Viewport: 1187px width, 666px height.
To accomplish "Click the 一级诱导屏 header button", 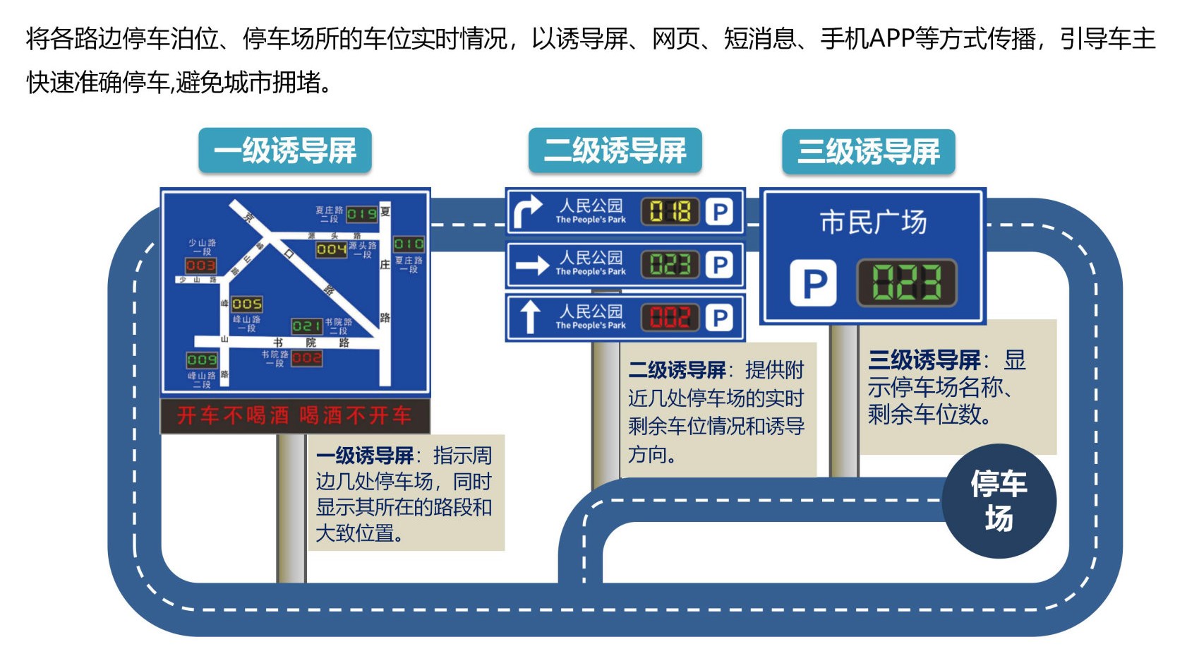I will click(284, 150).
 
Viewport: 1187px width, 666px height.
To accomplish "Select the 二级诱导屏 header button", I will click(615, 150).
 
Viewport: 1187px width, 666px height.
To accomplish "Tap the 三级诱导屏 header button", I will click(868, 152).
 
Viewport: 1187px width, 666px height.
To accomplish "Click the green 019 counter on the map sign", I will click(361, 213).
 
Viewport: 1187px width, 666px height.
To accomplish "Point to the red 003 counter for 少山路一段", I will click(200, 266).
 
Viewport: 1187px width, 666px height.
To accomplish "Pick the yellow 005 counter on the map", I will click(247, 304).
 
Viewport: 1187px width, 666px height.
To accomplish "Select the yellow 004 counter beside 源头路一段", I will click(331, 249).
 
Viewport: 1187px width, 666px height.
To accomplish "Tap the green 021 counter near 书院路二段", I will click(307, 326).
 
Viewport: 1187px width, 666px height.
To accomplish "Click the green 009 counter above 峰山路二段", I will click(202, 360).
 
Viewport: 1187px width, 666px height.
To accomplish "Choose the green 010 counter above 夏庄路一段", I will click(409, 244).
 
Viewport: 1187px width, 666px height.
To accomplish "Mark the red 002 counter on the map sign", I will click(307, 358).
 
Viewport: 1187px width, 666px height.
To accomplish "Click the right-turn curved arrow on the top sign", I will click(527, 211).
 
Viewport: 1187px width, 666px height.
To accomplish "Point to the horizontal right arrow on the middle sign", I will click(532, 265).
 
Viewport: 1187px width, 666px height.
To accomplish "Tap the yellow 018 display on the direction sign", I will click(670, 211).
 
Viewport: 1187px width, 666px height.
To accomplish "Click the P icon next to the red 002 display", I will click(720, 318).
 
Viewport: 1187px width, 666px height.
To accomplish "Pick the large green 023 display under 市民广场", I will click(906, 283).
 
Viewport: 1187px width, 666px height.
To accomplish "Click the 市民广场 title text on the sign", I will click(873, 222).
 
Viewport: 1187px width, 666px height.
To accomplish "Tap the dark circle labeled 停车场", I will click(999, 501).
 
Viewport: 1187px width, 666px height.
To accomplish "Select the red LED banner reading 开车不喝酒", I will click(294, 415).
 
